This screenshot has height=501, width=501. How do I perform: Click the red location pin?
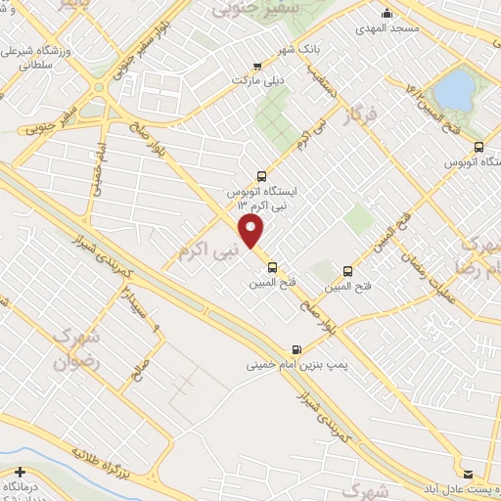coord(252,231)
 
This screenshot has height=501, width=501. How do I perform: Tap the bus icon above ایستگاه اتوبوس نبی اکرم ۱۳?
coord(260,176)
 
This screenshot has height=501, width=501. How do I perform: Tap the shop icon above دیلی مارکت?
coord(257,67)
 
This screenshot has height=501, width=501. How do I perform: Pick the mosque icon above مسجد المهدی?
coord(388,14)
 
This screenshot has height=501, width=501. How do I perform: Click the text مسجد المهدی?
coord(388,29)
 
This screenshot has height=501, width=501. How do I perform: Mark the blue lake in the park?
coord(452,89)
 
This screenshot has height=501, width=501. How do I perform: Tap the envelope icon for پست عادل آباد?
coord(467,472)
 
